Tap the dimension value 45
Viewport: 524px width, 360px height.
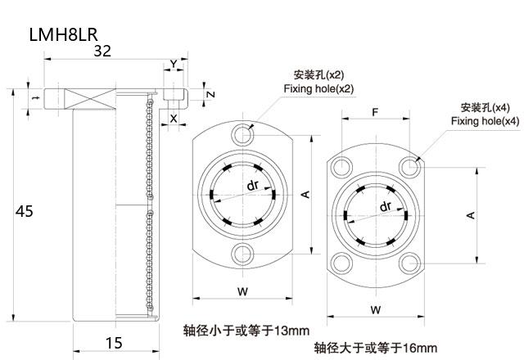click(x=25, y=211)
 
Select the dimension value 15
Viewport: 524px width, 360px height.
click(x=115, y=342)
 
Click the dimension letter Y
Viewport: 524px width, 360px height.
click(x=173, y=63)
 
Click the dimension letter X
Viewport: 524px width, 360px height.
click(x=174, y=119)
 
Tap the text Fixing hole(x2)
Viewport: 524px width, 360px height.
click(x=318, y=88)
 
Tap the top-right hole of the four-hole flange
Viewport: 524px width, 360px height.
click(x=410, y=167)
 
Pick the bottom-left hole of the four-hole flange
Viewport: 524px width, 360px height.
click(x=339, y=263)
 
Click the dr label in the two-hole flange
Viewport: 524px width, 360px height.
click(x=253, y=186)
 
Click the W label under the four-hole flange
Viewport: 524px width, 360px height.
click(x=374, y=309)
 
